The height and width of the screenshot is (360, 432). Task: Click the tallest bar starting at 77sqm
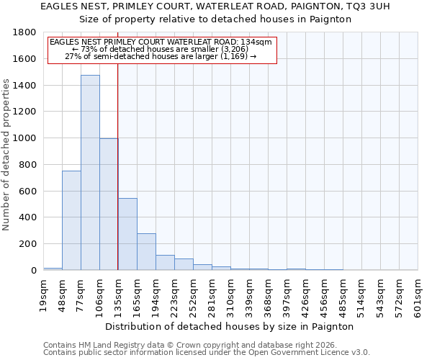tap(90, 173)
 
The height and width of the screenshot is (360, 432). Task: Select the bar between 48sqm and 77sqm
tap(71, 220)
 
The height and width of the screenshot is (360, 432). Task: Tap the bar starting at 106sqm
tap(109, 204)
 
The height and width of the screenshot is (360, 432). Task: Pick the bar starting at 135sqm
tap(127, 234)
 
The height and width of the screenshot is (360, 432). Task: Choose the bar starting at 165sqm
tap(146, 252)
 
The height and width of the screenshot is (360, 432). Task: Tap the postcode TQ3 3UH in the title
tap(366, 6)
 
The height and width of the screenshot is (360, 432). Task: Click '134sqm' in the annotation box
tap(257, 42)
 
